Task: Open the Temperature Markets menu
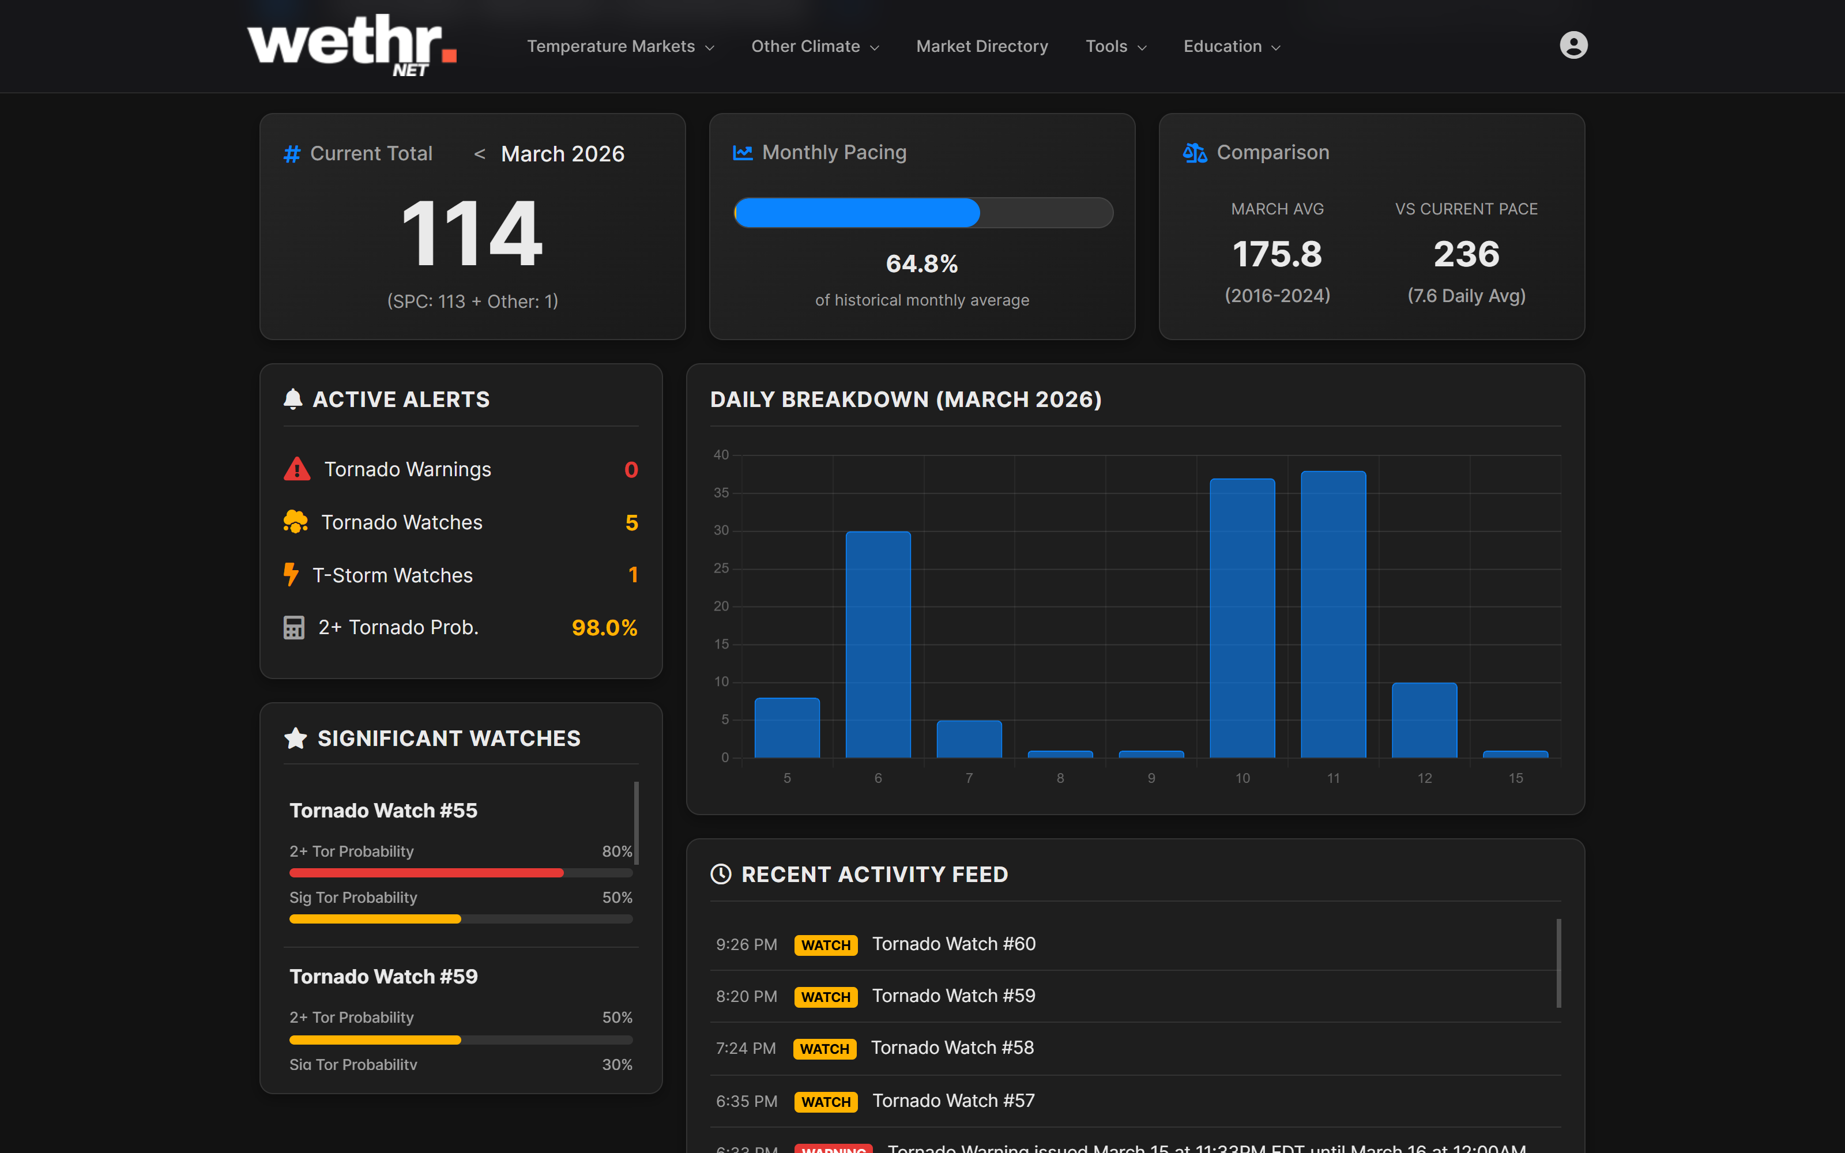point(620,47)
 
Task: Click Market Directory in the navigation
point(981,47)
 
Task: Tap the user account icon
point(1573,45)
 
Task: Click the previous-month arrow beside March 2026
point(480,154)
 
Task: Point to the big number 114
point(472,233)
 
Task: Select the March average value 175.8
point(1277,254)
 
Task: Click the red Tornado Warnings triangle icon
point(296,469)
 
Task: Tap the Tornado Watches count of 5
point(631,522)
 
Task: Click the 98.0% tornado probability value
point(604,628)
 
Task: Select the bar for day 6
point(878,645)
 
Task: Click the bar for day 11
point(1332,614)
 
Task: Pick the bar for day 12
point(1424,720)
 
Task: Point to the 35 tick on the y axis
point(721,492)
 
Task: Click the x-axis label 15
point(1515,778)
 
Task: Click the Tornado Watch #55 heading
point(383,811)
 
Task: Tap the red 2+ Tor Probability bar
point(426,872)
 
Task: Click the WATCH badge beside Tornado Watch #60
point(825,945)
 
